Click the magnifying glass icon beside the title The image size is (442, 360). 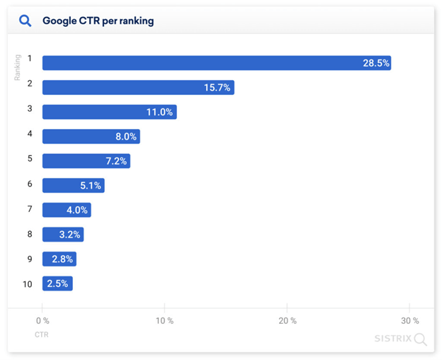pyautogui.click(x=25, y=21)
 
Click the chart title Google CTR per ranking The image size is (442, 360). pyautogui.click(x=98, y=21)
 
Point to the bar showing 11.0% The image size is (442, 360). pyautogui.click(x=109, y=112)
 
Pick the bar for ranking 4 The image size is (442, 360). pyautogui.click(x=91, y=137)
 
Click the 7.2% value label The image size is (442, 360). pyautogui.click(x=116, y=161)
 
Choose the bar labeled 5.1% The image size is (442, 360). pyautogui.click(x=73, y=186)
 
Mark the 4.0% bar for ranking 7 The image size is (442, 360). pyautogui.click(x=67, y=210)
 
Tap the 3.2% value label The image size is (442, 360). pyautogui.click(x=70, y=235)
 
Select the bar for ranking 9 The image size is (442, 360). pyautogui.click(x=59, y=259)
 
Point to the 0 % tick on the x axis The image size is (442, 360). pyautogui.click(x=42, y=321)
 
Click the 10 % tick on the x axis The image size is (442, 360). pyautogui.click(x=164, y=321)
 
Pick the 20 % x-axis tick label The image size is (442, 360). pyautogui.click(x=287, y=321)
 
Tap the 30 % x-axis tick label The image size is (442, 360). pyautogui.click(x=409, y=321)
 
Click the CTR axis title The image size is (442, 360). pyautogui.click(x=41, y=334)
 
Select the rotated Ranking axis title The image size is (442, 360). pyautogui.click(x=18, y=67)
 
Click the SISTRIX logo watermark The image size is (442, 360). pyautogui.click(x=400, y=339)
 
